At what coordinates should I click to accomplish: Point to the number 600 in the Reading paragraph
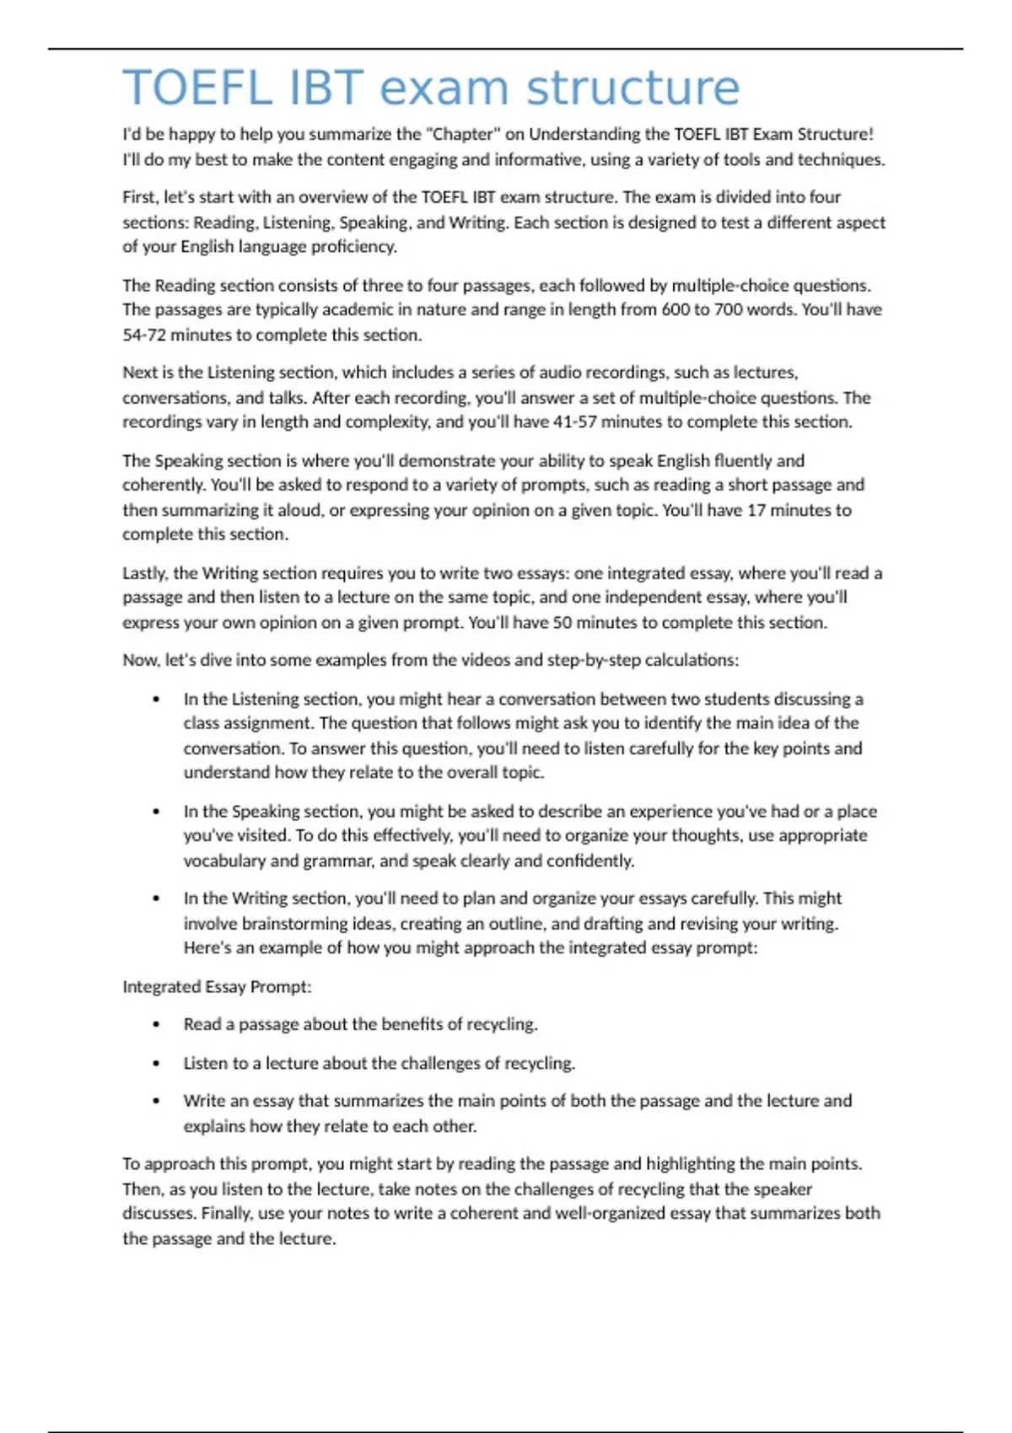click(x=676, y=309)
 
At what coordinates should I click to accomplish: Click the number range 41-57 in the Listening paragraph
click(x=574, y=421)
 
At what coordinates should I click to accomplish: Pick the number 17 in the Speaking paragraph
click(x=756, y=510)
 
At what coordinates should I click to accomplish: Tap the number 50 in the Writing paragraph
click(x=563, y=622)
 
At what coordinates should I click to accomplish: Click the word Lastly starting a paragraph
click(x=145, y=573)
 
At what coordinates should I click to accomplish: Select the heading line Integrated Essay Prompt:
click(x=217, y=986)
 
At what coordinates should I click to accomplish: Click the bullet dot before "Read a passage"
click(x=156, y=1025)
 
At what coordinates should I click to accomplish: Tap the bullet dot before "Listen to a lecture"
click(x=156, y=1064)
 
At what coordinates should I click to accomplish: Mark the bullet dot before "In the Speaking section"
click(x=156, y=812)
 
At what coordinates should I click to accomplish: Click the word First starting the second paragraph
click(x=139, y=197)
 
